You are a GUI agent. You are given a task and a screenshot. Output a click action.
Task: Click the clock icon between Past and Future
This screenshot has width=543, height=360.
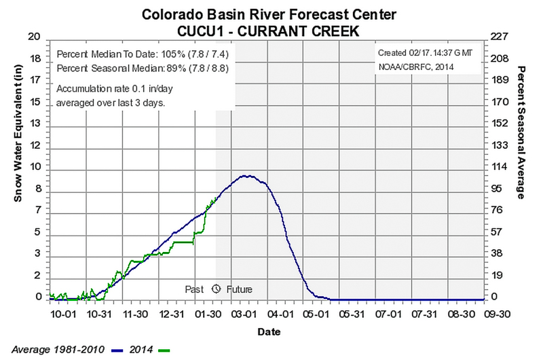click(x=217, y=289)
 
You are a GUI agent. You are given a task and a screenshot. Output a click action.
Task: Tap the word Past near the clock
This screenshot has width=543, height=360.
click(x=195, y=289)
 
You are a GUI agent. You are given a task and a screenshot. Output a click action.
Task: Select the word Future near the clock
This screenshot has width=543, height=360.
click(x=239, y=289)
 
